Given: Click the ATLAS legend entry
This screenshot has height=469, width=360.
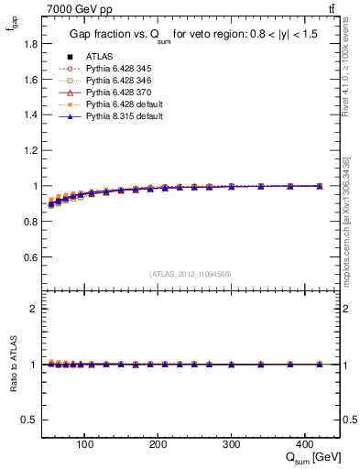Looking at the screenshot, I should pyautogui.click(x=98, y=56).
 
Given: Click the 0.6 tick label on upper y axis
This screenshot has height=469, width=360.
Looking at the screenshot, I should pyautogui.click(x=29, y=257).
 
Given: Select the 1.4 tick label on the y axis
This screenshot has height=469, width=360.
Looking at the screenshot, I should pyautogui.click(x=29, y=115).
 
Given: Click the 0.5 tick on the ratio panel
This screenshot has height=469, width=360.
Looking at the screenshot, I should pyautogui.click(x=29, y=420).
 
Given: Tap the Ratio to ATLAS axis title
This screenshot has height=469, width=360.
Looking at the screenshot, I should pyautogui.click(x=11, y=364).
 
